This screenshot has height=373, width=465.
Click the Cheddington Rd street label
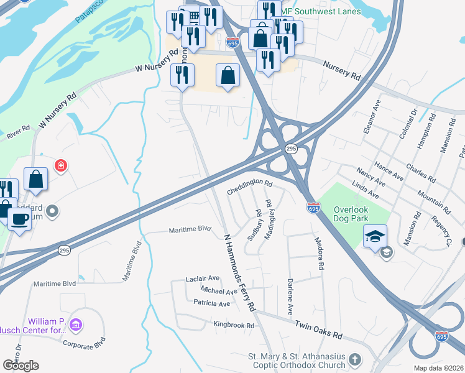250,186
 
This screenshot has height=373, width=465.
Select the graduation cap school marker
375,236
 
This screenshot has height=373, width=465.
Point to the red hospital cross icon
60,165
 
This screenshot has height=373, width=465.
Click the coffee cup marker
21,219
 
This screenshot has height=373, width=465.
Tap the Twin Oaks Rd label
318,330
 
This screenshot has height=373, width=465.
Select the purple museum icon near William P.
76,325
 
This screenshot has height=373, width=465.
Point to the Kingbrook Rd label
234,325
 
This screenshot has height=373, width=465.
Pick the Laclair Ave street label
203,279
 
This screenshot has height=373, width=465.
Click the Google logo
21,365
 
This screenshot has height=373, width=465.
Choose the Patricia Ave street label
211,303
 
